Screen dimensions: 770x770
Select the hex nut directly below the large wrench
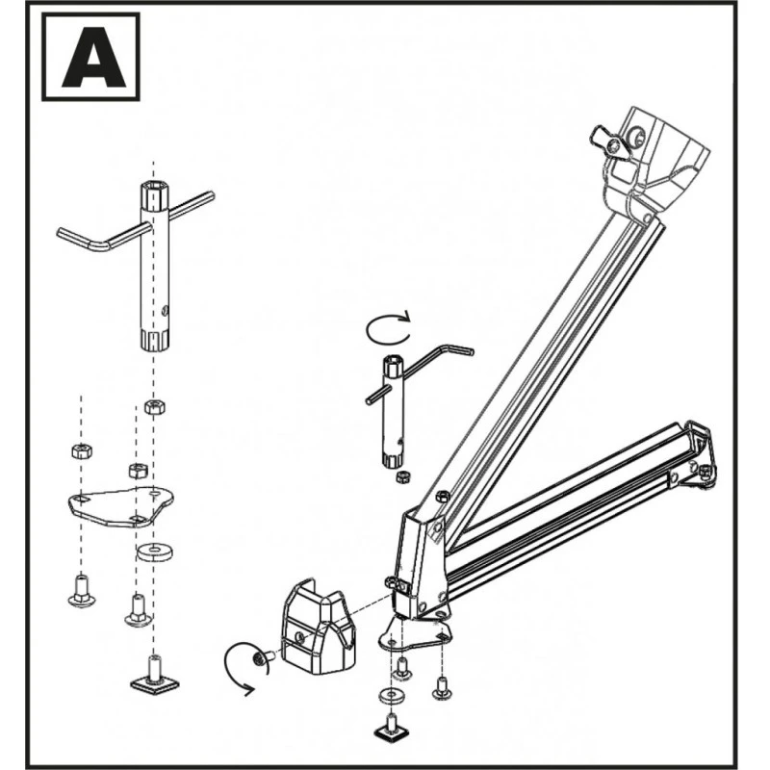click(152, 406)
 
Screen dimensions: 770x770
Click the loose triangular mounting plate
click(121, 504)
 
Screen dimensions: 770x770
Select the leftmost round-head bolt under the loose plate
click(81, 589)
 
